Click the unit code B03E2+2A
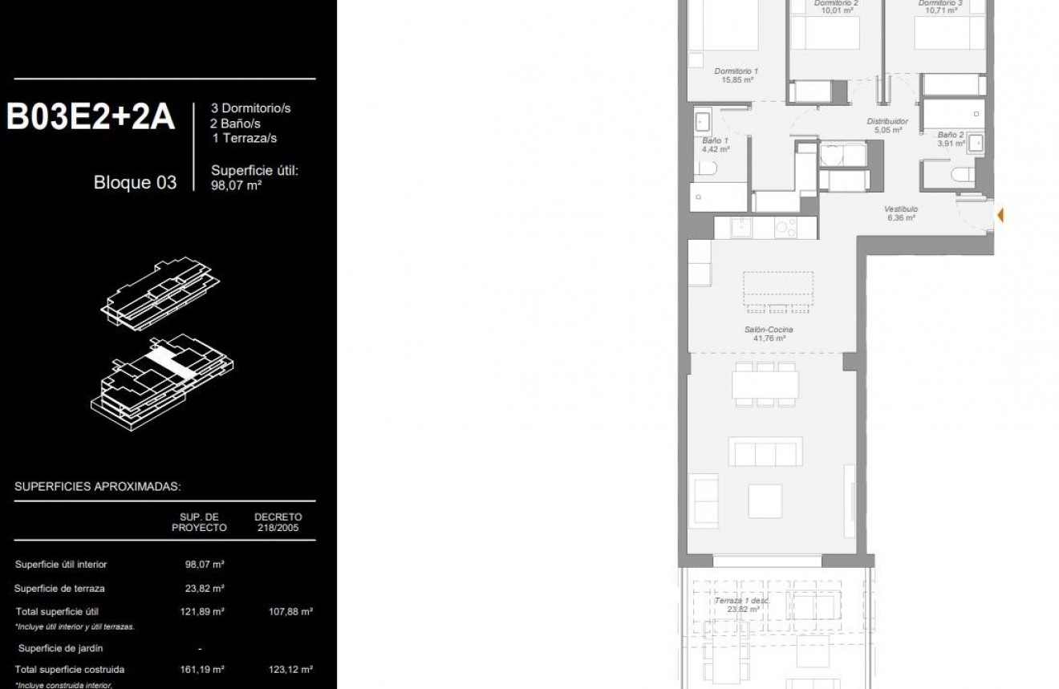[x=91, y=117]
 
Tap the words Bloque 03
[x=135, y=182]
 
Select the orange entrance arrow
[x=1000, y=215]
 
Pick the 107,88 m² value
[x=290, y=611]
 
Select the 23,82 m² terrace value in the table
[x=201, y=588]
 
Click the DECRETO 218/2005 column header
[x=278, y=522]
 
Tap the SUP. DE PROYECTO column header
[x=199, y=522]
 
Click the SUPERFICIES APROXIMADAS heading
[x=97, y=487]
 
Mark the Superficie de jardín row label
[x=61, y=648]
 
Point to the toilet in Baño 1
[x=706, y=168]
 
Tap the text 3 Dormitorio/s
[x=250, y=107]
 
